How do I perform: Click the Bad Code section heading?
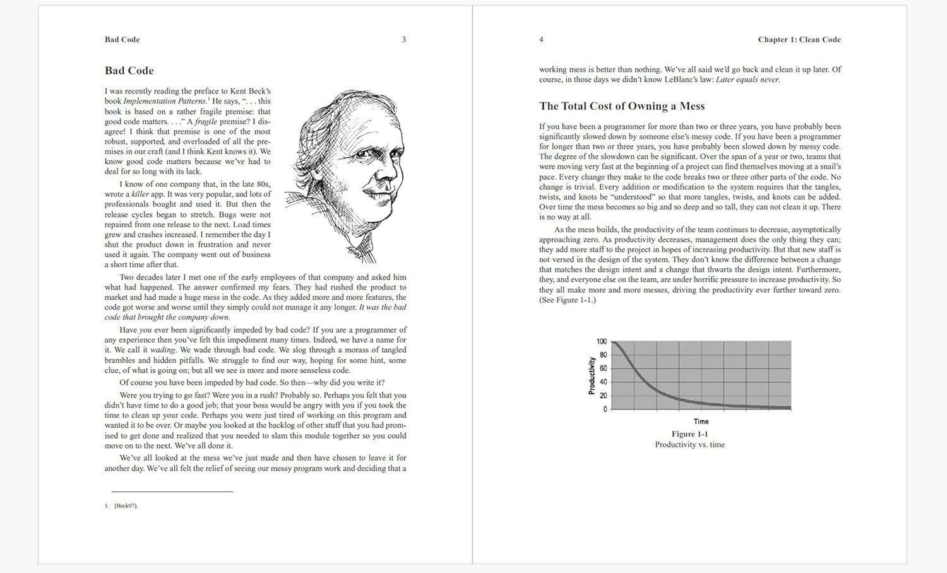click(129, 71)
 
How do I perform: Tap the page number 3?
click(404, 40)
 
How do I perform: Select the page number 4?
click(541, 40)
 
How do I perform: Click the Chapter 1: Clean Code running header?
click(799, 40)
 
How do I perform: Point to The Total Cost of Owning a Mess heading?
click(621, 106)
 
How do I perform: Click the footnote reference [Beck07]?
click(126, 505)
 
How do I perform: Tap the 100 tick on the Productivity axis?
click(602, 341)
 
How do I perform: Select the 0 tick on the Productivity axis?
click(605, 409)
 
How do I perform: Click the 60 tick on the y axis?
click(603, 369)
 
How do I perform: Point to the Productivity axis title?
click(592, 375)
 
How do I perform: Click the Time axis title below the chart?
click(701, 422)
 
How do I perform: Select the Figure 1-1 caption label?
click(689, 434)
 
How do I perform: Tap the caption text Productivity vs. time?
click(689, 445)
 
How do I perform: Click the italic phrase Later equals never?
click(747, 80)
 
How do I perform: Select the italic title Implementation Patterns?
click(164, 101)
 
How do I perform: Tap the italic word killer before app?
click(140, 194)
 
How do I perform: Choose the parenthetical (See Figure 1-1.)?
click(567, 300)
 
